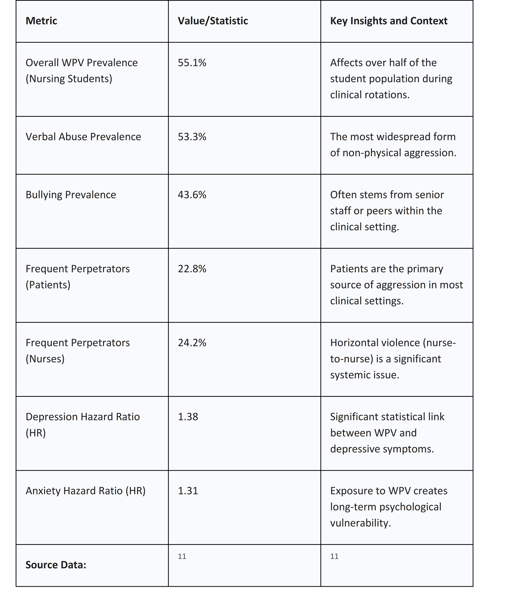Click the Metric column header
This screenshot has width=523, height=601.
tap(41, 21)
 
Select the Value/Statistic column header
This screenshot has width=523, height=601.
tap(213, 21)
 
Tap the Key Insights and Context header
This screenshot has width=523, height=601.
tap(388, 21)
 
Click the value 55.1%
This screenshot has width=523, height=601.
tap(192, 63)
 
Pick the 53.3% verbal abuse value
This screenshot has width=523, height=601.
tap(192, 137)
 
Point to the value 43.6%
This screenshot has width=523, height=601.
tap(192, 195)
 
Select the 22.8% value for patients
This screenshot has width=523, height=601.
tap(192, 269)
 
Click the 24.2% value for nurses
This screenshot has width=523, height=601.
tap(192, 342)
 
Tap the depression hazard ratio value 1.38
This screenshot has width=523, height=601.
tap(188, 417)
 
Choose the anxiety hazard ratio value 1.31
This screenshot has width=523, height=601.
tap(188, 491)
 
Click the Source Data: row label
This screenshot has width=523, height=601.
tap(56, 565)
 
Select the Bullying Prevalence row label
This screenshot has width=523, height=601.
tap(71, 195)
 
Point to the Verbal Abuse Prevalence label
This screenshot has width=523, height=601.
tap(83, 137)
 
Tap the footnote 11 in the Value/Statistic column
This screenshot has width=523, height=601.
tap(182, 556)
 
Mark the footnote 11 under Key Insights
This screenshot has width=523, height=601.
tap(334, 556)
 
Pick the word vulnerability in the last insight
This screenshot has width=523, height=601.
tap(360, 523)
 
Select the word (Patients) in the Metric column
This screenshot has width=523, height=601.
tap(48, 285)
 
